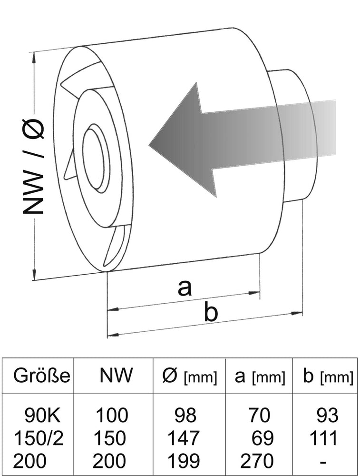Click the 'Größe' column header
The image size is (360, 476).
[x=42, y=377]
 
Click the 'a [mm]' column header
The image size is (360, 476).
[x=260, y=377]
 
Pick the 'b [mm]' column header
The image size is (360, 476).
[x=328, y=377]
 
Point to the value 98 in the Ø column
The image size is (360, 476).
[x=185, y=416]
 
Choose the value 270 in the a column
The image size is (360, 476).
[x=257, y=461]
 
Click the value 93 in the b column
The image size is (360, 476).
[x=328, y=416]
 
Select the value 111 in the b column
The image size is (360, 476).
[x=324, y=438]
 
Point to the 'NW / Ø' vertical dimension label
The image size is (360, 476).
[x=34, y=167]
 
